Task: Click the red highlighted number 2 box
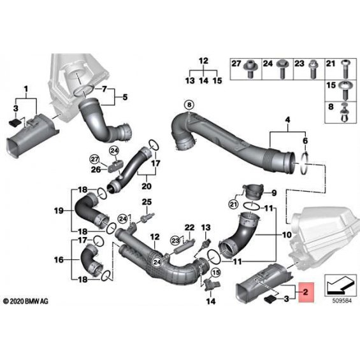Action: (306, 292)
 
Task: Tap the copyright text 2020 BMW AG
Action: (25, 301)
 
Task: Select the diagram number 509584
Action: (342, 301)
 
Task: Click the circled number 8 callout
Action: (189, 105)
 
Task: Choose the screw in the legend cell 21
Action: (345, 69)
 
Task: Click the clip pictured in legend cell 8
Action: (345, 113)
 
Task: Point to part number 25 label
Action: (147, 202)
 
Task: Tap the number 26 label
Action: (96, 169)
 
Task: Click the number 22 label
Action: (190, 227)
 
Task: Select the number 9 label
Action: (275, 193)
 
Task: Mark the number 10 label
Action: (287, 234)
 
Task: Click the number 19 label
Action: (59, 210)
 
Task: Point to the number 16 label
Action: (59, 260)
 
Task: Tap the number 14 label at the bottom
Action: (211, 301)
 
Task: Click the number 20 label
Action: (147, 186)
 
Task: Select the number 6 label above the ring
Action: (305, 141)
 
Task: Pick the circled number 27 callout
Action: (94, 159)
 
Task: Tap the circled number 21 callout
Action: (233, 205)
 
